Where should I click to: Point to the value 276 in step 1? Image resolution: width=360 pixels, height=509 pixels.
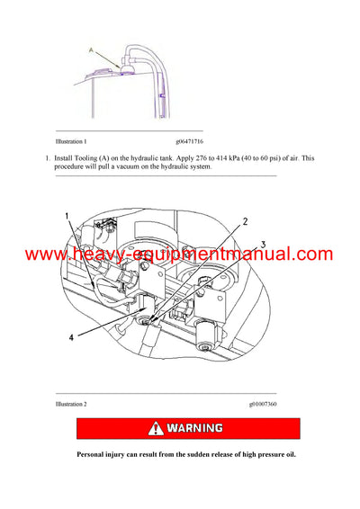point(221,159)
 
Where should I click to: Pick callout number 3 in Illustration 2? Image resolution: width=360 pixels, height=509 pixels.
point(263,243)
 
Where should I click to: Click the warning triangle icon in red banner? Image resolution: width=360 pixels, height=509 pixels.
point(137,429)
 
